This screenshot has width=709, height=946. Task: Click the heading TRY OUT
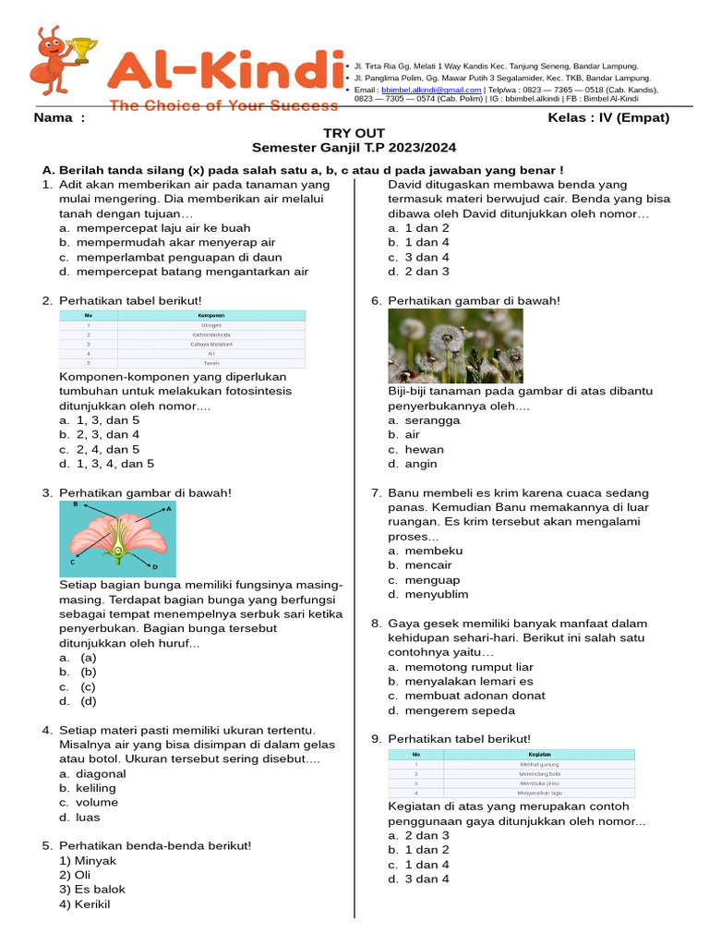pos(354,133)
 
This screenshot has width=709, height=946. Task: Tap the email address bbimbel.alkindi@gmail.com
pos(431,90)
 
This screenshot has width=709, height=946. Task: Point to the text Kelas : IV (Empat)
pos(608,118)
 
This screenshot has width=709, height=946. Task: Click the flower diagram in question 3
pos(117,540)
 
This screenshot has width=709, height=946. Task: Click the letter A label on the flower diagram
pos(168,509)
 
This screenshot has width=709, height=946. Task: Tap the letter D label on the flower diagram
pos(154,566)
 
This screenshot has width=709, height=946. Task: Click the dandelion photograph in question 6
pos(455,346)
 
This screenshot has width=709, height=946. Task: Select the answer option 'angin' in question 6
pos(421,464)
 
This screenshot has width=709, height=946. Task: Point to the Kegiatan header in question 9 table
pos(539,754)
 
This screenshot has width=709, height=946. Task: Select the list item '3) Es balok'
pos(92,890)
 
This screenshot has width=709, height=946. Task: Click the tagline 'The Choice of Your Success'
pos(223,105)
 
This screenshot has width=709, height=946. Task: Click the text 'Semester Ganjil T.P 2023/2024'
pos(354,148)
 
